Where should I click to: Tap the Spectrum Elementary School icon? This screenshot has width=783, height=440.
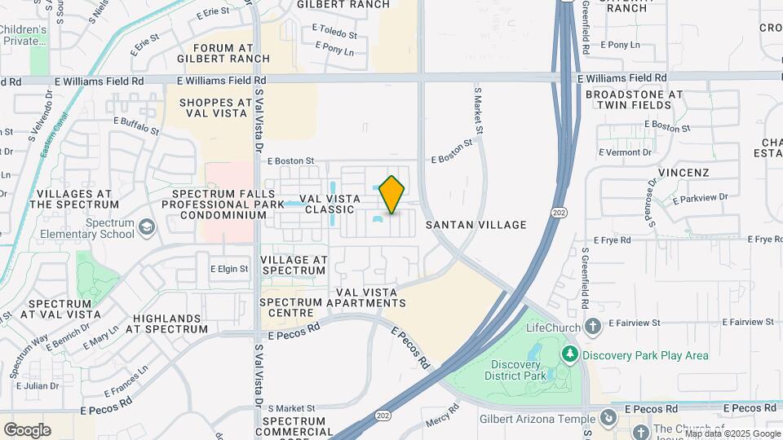pyautogui.click(x=147, y=226)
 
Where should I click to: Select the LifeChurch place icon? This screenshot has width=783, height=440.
pyautogui.click(x=593, y=328)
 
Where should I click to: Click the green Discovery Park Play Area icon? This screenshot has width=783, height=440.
pyautogui.click(x=570, y=354)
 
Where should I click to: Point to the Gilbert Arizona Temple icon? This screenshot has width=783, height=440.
pyautogui.click(x=607, y=418)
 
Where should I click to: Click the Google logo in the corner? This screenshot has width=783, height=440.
pyautogui.click(x=27, y=430)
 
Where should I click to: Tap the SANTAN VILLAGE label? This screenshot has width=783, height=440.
pyautogui.click(x=475, y=225)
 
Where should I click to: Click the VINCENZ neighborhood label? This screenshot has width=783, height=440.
pyautogui.click(x=683, y=173)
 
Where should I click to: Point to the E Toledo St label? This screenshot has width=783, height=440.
pyautogui.click(x=334, y=35)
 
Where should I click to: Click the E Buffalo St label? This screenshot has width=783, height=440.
pyautogui.click(x=136, y=124)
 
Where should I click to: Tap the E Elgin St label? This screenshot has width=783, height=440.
pyautogui.click(x=229, y=268)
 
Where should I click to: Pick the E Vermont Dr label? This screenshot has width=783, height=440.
pyautogui.click(x=626, y=152)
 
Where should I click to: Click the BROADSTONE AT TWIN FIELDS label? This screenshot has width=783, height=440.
pyautogui.click(x=634, y=100)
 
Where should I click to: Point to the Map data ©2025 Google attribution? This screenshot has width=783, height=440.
pyautogui.click(x=733, y=433)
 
